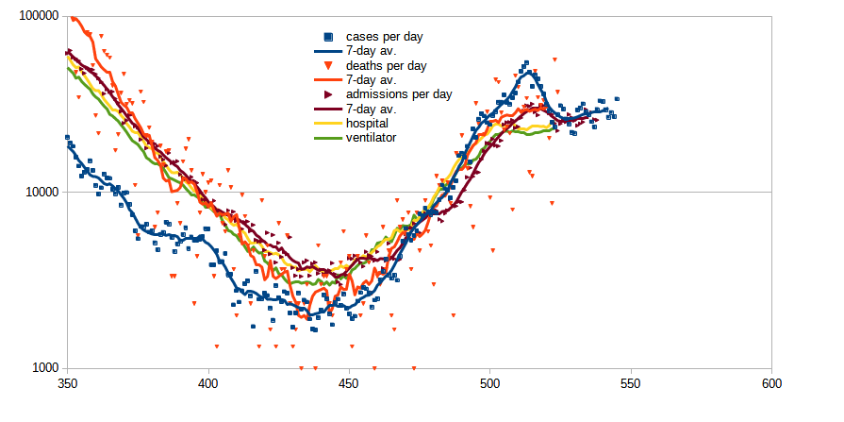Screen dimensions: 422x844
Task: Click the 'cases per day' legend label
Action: point(384,37)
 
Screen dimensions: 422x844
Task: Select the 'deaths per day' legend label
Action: point(386,66)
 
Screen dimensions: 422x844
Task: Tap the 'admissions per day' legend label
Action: point(399,94)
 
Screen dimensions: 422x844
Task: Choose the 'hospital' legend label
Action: point(368,123)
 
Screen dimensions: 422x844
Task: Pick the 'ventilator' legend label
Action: point(371,137)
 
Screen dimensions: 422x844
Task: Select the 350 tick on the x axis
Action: point(67,384)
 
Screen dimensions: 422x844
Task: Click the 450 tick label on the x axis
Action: point(349,384)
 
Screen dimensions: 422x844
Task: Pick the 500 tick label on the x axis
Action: point(489,384)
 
